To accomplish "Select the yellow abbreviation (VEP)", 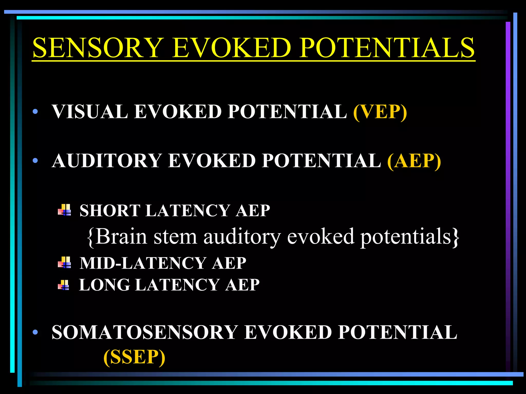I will [x=380, y=112].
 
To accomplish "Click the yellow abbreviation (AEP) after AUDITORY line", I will [x=414, y=161].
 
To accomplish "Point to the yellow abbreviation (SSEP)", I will [x=134, y=357].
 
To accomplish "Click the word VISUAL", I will [x=90, y=112].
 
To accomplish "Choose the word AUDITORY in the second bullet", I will [x=107, y=161].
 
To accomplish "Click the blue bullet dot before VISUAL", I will [x=35, y=112].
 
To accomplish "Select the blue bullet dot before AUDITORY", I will [x=35, y=161].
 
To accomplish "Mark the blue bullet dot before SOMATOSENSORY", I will [x=35, y=332].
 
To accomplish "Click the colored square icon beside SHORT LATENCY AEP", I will [x=64, y=210].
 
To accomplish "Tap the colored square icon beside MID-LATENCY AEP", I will [x=64, y=262].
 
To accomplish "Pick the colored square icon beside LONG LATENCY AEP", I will [x=63, y=285].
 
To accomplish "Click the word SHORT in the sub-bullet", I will [x=110, y=211].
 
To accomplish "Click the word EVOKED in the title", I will [x=231, y=48].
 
